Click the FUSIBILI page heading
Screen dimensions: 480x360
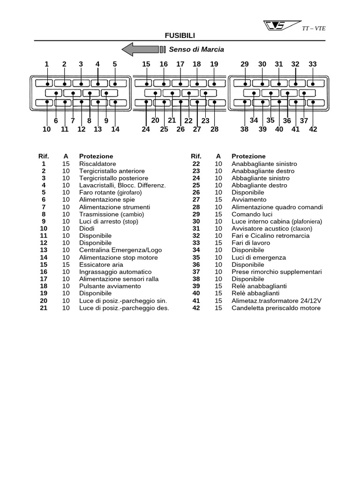pos(180,36)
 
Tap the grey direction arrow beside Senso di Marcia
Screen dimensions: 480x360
pos(140,49)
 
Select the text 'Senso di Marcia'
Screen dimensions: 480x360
pos(196,49)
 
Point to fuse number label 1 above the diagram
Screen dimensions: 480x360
pos(46,64)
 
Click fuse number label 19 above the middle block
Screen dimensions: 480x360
pos(214,64)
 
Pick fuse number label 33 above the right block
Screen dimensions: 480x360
pos(313,64)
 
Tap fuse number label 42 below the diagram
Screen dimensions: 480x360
pos(313,129)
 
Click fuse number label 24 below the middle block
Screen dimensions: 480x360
pos(146,129)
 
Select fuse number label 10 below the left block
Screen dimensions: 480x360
pos(46,129)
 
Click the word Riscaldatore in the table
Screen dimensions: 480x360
pos(97,164)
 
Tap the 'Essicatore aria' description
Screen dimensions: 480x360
pos(101,265)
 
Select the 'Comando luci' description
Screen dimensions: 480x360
pos(251,214)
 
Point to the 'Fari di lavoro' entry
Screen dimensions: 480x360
pos(251,243)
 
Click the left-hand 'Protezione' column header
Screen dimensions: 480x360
pos(96,156)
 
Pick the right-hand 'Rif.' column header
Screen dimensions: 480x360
pos(196,156)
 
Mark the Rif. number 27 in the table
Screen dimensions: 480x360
pos(196,200)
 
